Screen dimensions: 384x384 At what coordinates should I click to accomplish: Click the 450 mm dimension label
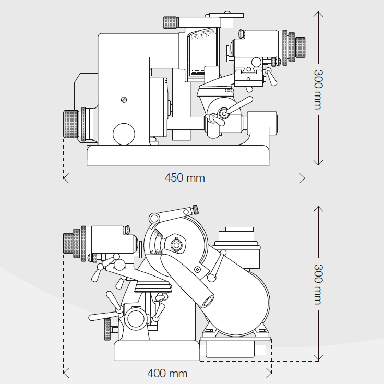pos(185,178)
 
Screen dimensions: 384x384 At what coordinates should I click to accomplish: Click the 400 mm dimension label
pos(167,373)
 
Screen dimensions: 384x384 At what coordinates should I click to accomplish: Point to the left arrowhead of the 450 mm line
pos(65,178)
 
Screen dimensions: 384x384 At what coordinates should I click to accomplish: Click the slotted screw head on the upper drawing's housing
pos(124,100)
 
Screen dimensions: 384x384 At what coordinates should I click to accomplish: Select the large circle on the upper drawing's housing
pos(124,134)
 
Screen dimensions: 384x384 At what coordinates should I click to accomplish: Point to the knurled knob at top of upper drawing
pos(171,22)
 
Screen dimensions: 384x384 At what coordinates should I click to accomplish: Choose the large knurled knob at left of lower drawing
pos(68,243)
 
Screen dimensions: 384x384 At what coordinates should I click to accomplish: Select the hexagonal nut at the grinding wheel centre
pos(176,244)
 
